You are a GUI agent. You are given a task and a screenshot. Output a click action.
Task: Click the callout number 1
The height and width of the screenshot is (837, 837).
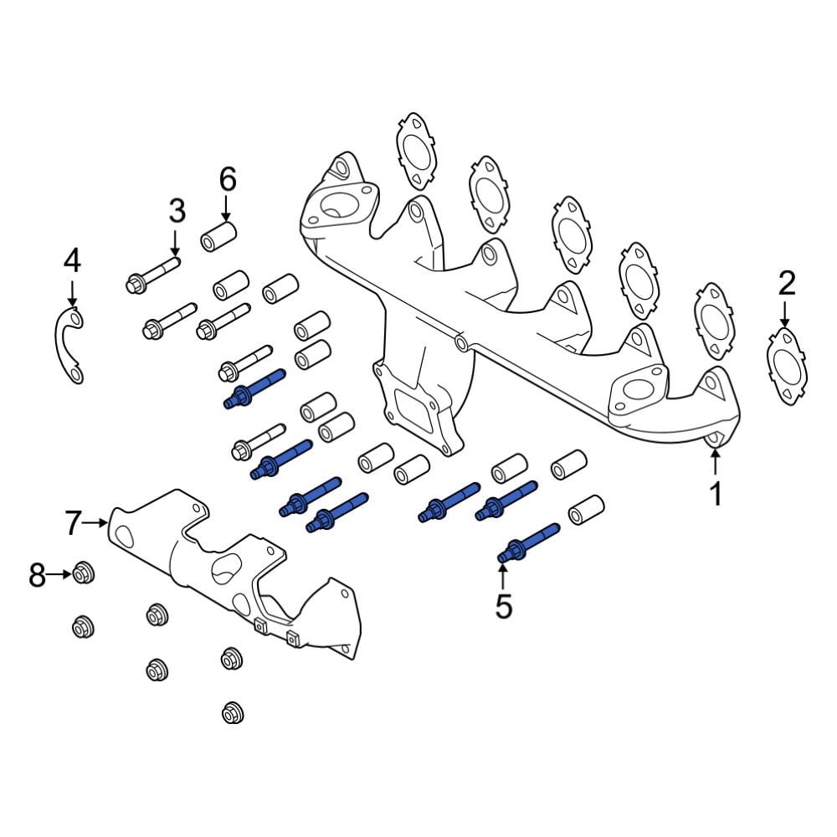pyautogui.click(x=716, y=494)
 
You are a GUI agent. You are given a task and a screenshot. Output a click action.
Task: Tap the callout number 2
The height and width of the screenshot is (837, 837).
pyautogui.click(x=786, y=285)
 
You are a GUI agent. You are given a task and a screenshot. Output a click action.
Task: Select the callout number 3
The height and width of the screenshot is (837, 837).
pyautogui.click(x=176, y=211)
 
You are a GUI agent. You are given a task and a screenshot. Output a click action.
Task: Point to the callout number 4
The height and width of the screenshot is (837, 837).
pyautogui.click(x=73, y=261)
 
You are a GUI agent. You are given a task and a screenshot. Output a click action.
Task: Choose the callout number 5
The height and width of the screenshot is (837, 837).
pyautogui.click(x=503, y=606)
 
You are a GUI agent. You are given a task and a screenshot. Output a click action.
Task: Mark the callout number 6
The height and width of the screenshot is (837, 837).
pyautogui.click(x=228, y=179)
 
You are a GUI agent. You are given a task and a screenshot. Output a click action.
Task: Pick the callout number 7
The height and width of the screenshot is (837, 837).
pyautogui.click(x=74, y=523)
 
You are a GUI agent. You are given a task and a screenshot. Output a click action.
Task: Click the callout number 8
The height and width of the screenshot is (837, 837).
pyautogui.click(x=37, y=575)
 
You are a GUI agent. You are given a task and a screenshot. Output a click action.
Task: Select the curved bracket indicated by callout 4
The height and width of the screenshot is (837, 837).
pyautogui.click(x=67, y=343)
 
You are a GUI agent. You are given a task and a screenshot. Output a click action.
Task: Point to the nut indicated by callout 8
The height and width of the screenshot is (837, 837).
pyautogui.click(x=82, y=574)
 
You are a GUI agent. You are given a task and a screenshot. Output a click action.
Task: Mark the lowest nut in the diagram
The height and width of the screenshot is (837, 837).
pyautogui.click(x=232, y=713)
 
